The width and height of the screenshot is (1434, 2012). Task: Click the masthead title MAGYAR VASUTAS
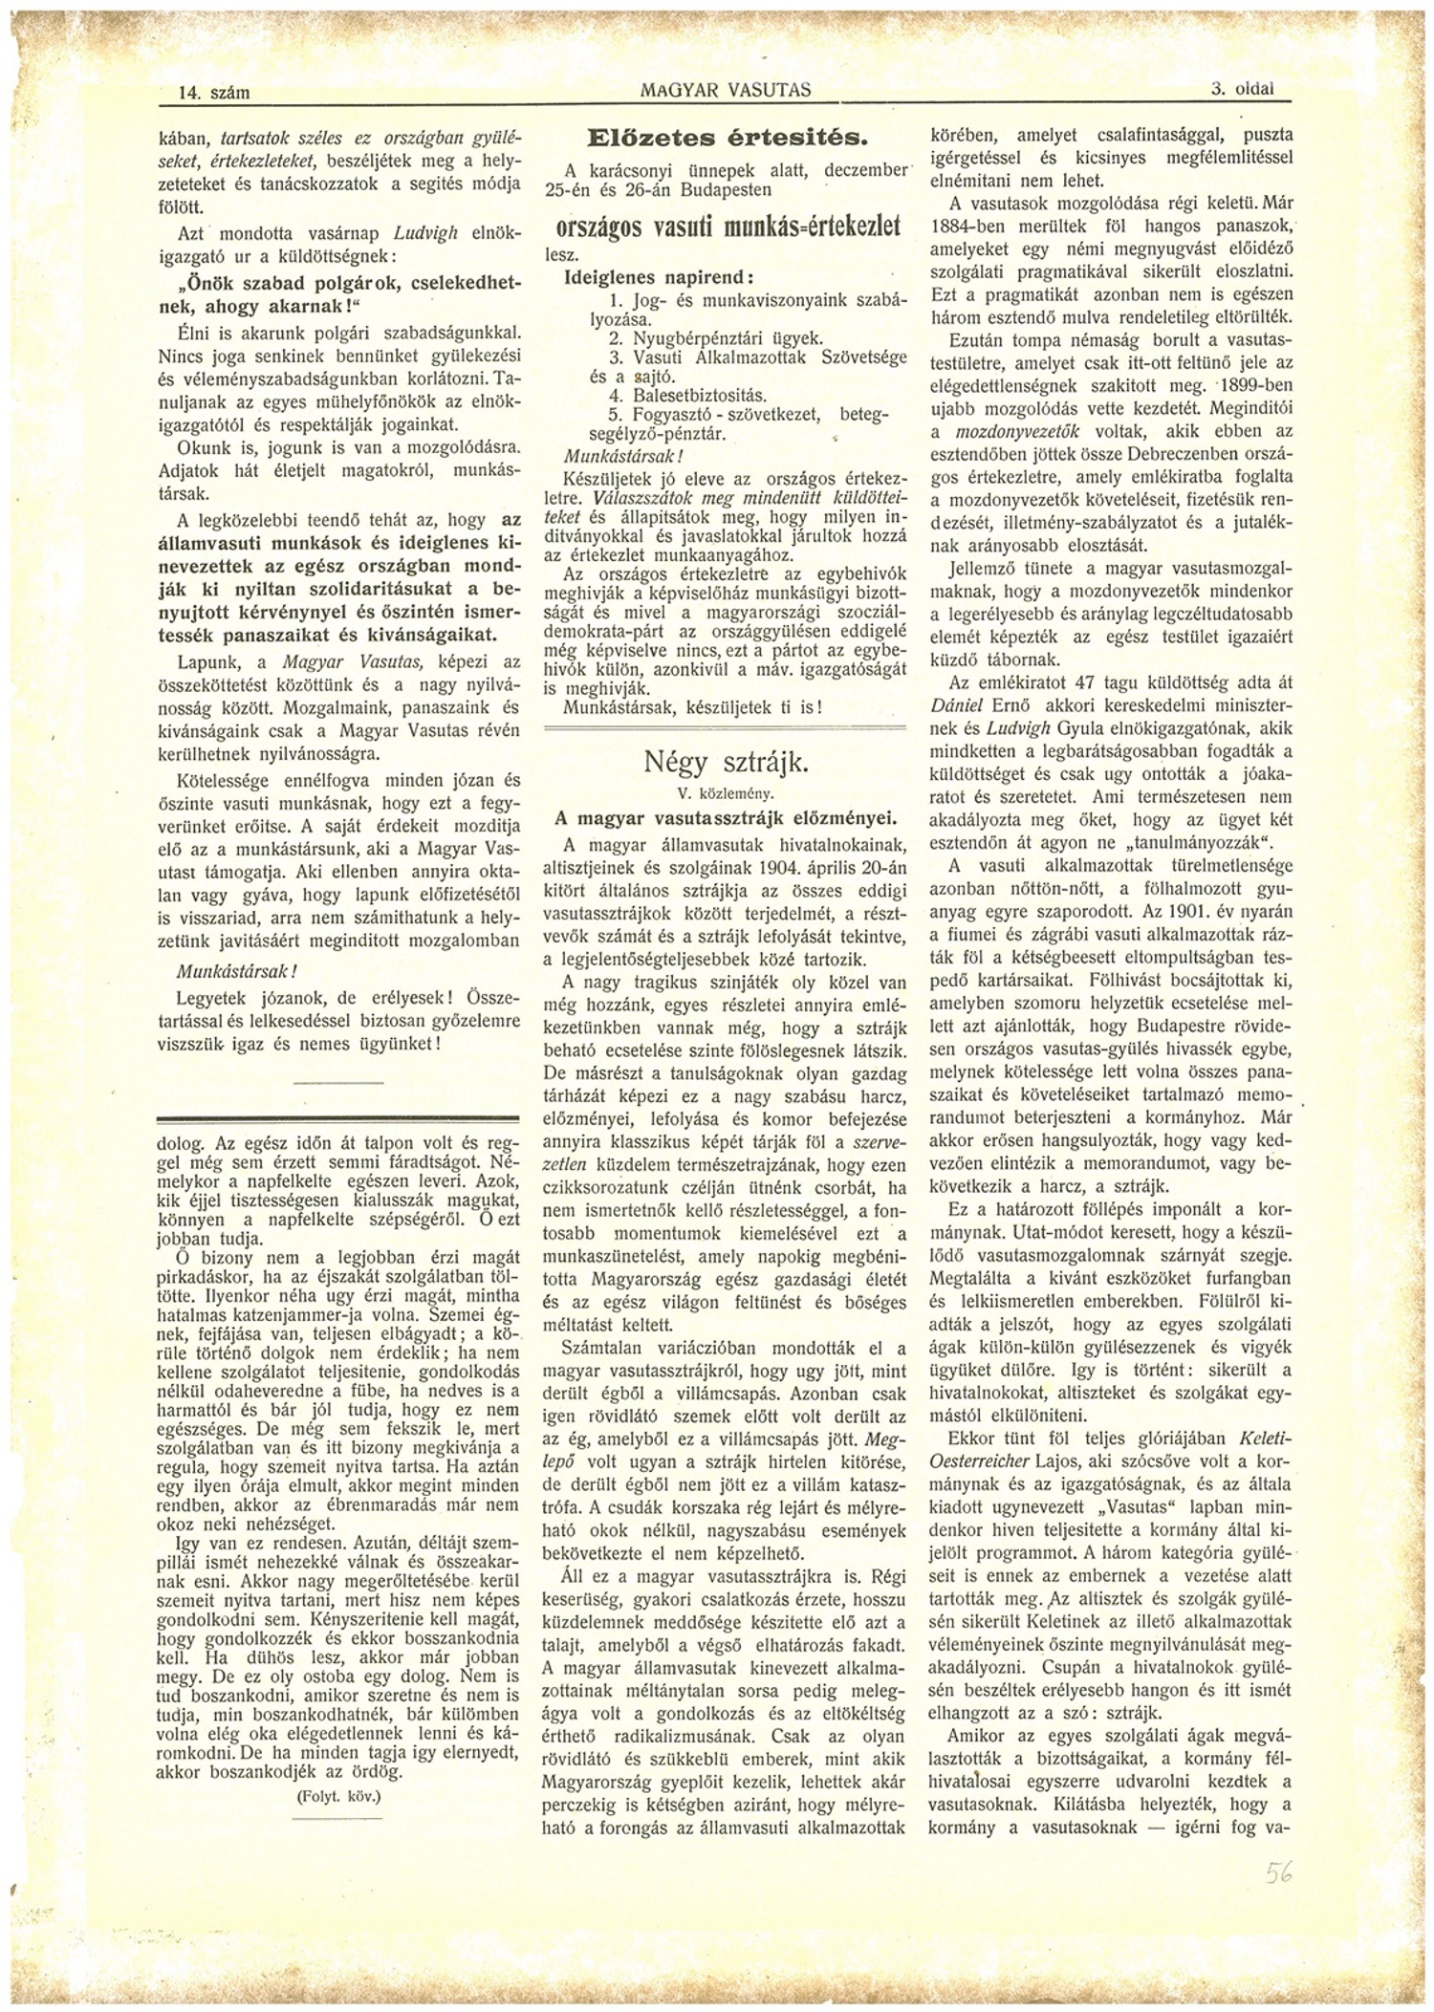pyautogui.click(x=726, y=90)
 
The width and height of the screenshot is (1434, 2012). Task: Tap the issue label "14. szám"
pyautogui.click(x=214, y=93)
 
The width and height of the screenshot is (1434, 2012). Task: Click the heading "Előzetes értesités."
pyautogui.click(x=727, y=139)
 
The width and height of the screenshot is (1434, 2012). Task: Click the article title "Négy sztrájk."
pyautogui.click(x=727, y=762)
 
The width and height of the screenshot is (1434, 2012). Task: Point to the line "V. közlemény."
pyautogui.click(x=726, y=793)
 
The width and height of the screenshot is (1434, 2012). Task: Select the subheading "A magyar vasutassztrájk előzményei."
pyautogui.click(x=727, y=818)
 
